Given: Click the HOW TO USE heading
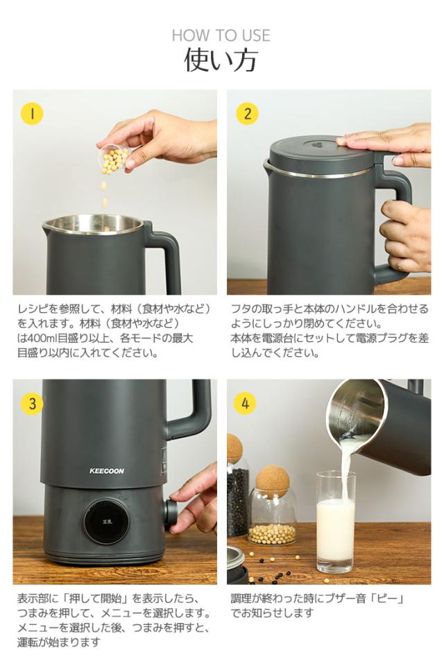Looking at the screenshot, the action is click(221, 35).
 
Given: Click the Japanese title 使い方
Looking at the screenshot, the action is click(221, 60).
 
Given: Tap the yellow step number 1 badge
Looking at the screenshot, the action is click(33, 114).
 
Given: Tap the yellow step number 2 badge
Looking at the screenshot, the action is click(247, 114).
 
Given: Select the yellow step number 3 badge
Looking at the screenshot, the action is click(33, 403).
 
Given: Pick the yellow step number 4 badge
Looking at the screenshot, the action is click(245, 403).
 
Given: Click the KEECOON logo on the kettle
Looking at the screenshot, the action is click(107, 471).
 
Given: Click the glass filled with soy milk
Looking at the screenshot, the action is click(336, 522).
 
